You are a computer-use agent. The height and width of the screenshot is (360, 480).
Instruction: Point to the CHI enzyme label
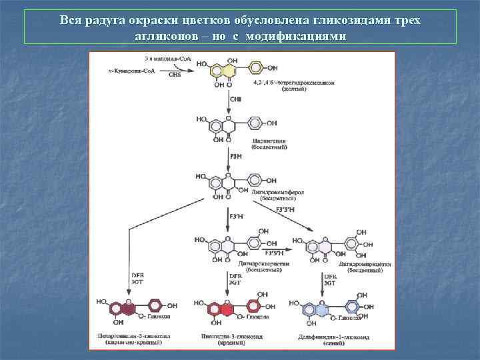(235, 100)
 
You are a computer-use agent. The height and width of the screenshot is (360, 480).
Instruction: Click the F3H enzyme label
(235, 156)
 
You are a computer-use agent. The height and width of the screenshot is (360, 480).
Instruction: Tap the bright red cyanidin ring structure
(221, 308)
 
